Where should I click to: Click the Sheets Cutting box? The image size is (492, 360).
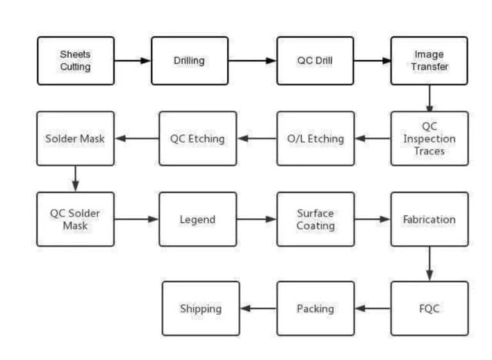[x=76, y=61]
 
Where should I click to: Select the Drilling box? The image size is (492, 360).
[x=190, y=61]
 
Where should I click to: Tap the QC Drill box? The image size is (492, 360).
[x=315, y=61]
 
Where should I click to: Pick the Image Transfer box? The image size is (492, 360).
[x=429, y=61]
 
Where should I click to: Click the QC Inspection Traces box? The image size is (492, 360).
[x=429, y=138]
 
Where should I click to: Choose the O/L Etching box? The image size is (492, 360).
[x=315, y=138]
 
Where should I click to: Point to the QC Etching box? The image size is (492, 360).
[x=197, y=138]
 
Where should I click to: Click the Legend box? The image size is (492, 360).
[x=197, y=219]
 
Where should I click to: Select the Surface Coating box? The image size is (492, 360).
[x=315, y=219]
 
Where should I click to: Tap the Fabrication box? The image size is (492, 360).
[x=429, y=219]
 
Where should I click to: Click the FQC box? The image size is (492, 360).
[x=429, y=308]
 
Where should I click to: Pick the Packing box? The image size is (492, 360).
[x=315, y=308]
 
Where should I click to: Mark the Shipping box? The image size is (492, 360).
[x=201, y=308]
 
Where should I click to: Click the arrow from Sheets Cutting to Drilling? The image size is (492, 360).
[x=133, y=61]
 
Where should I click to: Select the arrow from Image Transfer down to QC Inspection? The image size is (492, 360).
[x=429, y=98]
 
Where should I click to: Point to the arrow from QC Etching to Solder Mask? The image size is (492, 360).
[x=136, y=138]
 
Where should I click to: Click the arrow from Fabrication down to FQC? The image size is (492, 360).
[x=429, y=263]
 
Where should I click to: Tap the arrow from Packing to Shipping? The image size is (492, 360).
[x=258, y=308]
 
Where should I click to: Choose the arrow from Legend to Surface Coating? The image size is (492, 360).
[x=256, y=219]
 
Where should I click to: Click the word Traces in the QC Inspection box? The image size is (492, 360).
[x=429, y=152]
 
